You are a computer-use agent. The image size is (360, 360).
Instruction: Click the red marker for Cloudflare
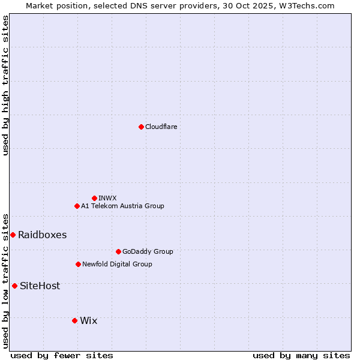click(141, 127)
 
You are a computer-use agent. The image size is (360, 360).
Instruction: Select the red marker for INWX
click(94, 198)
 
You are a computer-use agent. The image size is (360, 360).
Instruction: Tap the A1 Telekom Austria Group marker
click(77, 206)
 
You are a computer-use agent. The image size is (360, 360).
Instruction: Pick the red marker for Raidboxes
click(13, 235)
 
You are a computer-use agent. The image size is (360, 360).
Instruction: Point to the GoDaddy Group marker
click(118, 251)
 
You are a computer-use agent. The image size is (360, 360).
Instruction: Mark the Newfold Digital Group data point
click(78, 264)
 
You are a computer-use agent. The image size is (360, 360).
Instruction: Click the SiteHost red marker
click(14, 286)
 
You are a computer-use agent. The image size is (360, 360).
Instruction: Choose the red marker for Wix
click(74, 320)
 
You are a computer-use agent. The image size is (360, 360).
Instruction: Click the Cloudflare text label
click(161, 127)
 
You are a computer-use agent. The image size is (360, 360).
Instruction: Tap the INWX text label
click(107, 198)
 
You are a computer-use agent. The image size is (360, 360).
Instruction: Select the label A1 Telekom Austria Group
click(122, 206)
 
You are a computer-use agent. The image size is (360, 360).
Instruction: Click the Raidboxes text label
click(42, 235)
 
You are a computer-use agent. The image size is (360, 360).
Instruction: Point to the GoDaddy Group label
click(148, 251)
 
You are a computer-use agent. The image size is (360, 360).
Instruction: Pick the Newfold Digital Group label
click(117, 264)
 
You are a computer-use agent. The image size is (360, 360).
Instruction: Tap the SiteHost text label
click(40, 286)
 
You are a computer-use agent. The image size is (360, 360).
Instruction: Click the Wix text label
click(88, 320)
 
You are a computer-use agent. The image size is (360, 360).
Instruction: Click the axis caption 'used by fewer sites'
click(62, 355)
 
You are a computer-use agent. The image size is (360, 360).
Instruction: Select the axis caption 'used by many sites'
click(301, 355)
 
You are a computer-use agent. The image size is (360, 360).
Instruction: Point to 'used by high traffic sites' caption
click(5, 85)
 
